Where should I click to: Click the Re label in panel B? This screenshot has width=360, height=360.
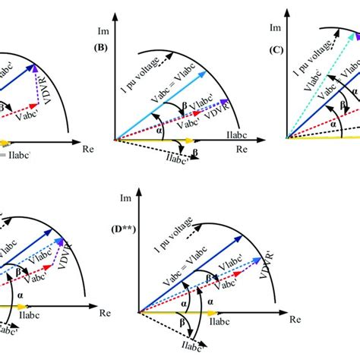[242, 150]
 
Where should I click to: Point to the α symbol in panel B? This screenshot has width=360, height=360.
[139, 128]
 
